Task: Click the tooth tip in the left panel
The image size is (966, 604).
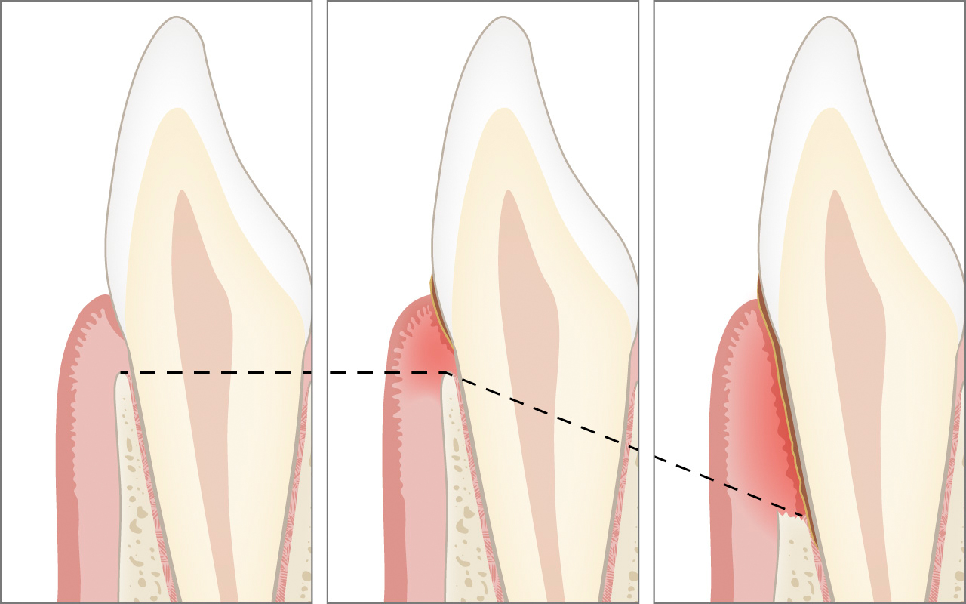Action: (178, 20)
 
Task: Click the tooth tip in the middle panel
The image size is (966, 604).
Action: (505, 20)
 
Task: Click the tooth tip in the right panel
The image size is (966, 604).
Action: (831, 20)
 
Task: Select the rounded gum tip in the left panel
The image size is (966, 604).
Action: (98, 299)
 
